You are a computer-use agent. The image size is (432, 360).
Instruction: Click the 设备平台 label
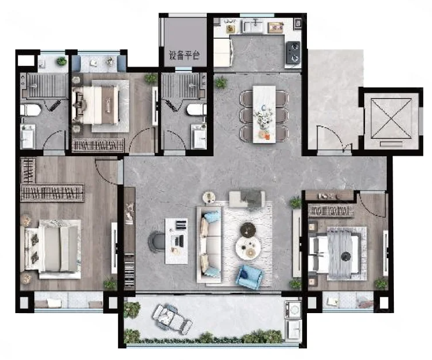tap(184, 56)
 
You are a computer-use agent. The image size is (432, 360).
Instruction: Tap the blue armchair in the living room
tap(249, 277)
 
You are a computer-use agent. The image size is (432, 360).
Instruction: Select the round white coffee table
tap(248, 247)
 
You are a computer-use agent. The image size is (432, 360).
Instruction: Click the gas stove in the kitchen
tap(293, 52)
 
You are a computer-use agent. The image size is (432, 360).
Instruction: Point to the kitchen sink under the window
tap(253, 26)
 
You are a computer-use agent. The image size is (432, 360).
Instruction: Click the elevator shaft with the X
tap(391, 119)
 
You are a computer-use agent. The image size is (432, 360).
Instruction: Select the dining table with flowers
tap(264, 114)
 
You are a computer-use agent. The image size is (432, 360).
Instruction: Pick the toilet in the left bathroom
tap(30, 110)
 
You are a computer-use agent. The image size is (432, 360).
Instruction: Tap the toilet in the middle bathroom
tap(197, 109)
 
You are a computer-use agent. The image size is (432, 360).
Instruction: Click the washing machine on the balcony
tap(293, 309)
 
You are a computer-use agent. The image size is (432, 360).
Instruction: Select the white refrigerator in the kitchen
tap(223, 53)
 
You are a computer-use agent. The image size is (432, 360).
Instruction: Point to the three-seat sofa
tap(210, 244)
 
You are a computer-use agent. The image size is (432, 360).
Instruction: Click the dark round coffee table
tap(248, 229)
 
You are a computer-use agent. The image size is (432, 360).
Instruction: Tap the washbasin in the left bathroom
tap(28, 137)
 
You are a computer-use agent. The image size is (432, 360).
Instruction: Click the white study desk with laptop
tap(176, 241)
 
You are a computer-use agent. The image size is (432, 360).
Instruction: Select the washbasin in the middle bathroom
tap(199, 137)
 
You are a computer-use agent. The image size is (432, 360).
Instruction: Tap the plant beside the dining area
tap(221, 82)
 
